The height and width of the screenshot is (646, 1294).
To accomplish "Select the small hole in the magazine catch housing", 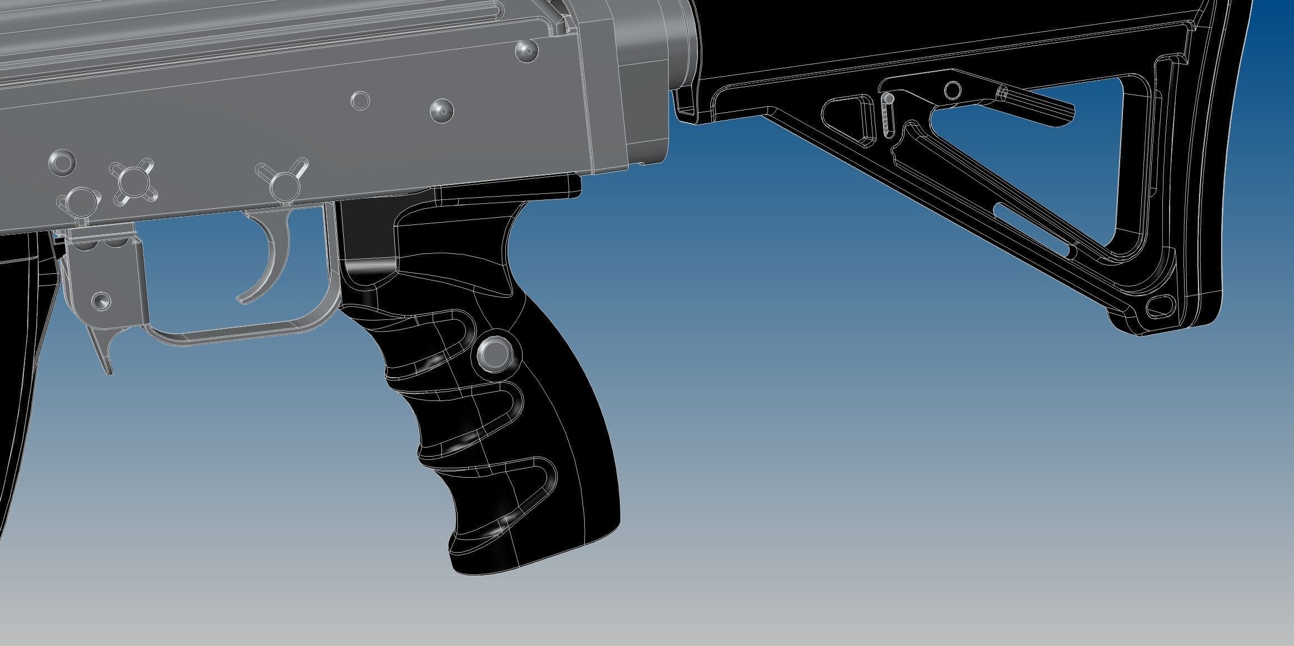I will tap(101, 301).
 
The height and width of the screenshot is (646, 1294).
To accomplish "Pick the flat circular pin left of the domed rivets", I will tap(360, 101).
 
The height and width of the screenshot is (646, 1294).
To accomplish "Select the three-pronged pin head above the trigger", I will tap(283, 179).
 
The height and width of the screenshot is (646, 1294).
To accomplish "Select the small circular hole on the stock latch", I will tap(953, 89).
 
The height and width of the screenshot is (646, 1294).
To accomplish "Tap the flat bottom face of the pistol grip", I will tap(533, 561).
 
